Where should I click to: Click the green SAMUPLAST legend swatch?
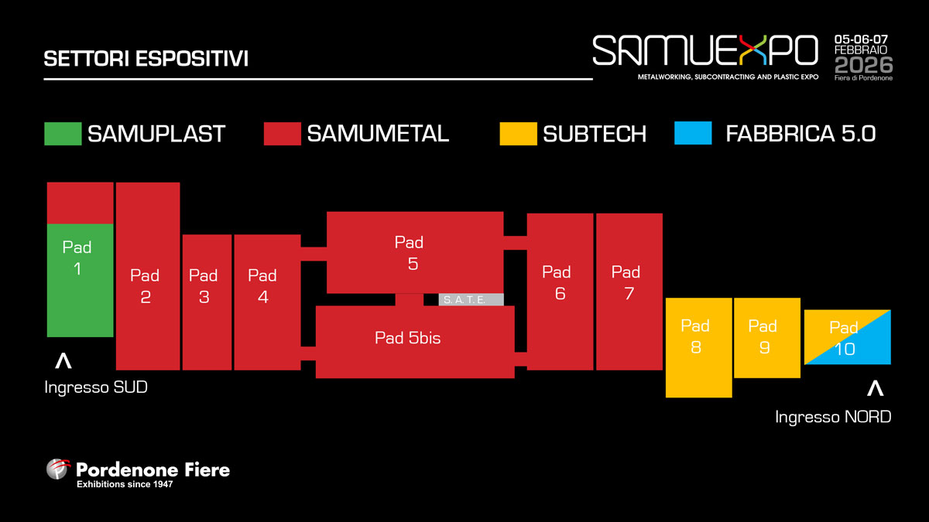coord(63,134)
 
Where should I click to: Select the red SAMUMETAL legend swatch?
coord(282,134)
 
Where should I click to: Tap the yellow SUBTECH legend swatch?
coord(519,134)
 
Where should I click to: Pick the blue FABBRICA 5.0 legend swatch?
coord(693,134)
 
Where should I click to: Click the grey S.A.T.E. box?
coord(471,299)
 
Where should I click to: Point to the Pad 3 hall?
coord(207,302)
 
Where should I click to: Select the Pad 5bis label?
coord(407,338)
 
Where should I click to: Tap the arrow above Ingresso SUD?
coord(63,360)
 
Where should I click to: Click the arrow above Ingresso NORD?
coord(876,388)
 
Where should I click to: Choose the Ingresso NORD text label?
coord(833,417)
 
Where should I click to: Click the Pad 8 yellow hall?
coord(698,347)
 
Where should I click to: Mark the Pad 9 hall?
coord(766,338)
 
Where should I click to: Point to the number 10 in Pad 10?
coord(845,350)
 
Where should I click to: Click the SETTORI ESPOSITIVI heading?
coord(146,60)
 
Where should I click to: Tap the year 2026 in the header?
coord(863,64)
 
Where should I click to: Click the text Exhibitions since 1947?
coord(124,485)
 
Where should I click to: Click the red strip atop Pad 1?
coord(81,203)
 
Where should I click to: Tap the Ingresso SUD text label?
coord(96,387)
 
